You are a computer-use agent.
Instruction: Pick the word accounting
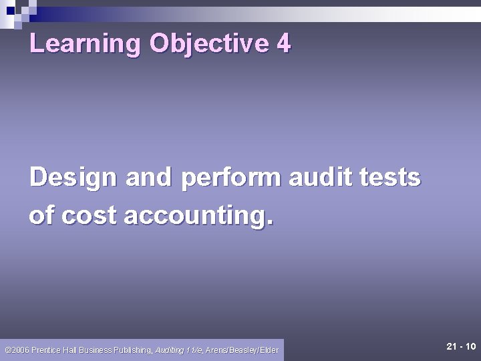198,215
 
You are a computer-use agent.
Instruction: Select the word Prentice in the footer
44,350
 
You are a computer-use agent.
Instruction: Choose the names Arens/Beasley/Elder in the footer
242,350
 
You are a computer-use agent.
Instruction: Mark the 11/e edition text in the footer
194,350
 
